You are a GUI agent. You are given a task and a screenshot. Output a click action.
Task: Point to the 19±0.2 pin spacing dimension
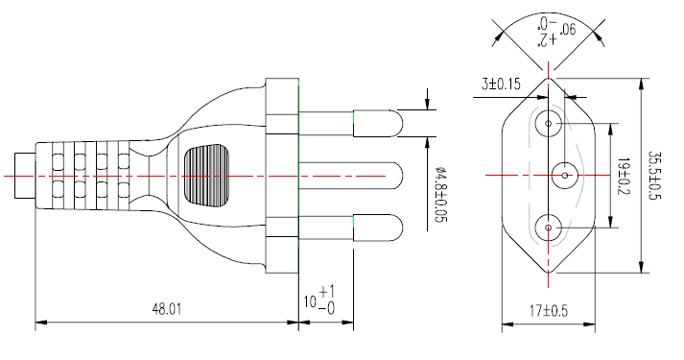tap(624, 175)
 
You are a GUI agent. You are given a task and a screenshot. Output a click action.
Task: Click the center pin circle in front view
tap(562, 175)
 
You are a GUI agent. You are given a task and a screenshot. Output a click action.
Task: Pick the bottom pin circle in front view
tap(548, 228)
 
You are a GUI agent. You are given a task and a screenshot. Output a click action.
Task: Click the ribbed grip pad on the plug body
tap(208, 175)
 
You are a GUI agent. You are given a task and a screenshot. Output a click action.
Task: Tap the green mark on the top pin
tap(354, 120)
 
